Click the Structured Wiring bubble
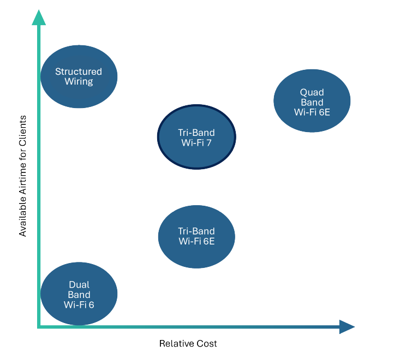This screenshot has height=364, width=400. (79, 76)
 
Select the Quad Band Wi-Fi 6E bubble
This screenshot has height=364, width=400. (312, 101)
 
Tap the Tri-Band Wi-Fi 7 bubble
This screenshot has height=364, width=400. (196, 138)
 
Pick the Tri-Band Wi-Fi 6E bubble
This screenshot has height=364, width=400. (196, 236)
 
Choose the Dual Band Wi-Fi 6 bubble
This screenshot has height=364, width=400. (79, 294)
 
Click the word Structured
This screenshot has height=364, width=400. (79, 71)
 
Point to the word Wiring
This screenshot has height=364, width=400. (79, 82)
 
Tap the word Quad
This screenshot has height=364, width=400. (312, 92)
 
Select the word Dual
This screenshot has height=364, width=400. (79, 284)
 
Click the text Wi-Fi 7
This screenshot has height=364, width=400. (196, 143)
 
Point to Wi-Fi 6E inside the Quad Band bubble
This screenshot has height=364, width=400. (312, 112)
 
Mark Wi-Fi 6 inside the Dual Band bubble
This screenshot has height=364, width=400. (79, 305)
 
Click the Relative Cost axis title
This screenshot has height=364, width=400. (188, 344)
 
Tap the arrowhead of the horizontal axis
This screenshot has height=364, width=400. (347, 327)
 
